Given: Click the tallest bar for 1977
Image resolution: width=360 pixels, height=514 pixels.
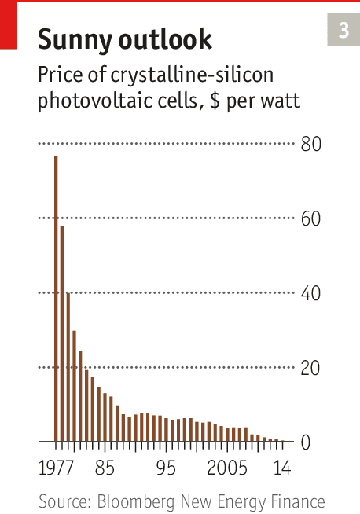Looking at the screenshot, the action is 56,299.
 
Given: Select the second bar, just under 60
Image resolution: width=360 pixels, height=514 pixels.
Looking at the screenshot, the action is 62,334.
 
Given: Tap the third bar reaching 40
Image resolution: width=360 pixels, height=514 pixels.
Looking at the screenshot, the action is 68,367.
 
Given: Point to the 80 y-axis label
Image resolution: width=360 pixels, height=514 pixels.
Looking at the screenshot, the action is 311,144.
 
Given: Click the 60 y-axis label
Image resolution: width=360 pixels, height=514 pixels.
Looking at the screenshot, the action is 310,218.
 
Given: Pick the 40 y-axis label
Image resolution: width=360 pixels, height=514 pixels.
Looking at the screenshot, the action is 310,293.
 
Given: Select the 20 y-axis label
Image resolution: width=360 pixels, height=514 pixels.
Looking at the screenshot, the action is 310,368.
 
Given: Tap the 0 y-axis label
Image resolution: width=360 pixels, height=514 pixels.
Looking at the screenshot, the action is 306,442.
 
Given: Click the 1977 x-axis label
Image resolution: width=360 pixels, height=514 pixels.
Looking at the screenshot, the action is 56,468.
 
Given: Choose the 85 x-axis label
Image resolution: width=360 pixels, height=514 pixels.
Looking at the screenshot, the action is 105,468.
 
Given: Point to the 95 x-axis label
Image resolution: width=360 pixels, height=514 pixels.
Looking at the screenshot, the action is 166,468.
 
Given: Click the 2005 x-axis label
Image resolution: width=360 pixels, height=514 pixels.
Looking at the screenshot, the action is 227,468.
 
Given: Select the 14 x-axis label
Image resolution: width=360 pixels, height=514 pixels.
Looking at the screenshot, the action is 282,468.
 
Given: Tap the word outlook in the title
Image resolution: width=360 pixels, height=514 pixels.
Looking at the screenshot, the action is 165,39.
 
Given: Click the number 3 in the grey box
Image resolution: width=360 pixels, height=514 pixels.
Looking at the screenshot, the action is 343,30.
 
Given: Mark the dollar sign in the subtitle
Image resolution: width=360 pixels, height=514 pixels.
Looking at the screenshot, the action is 215,101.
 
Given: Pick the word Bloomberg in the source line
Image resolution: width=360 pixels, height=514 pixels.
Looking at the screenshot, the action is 136,501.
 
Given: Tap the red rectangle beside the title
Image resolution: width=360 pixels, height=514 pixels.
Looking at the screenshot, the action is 8,25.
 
